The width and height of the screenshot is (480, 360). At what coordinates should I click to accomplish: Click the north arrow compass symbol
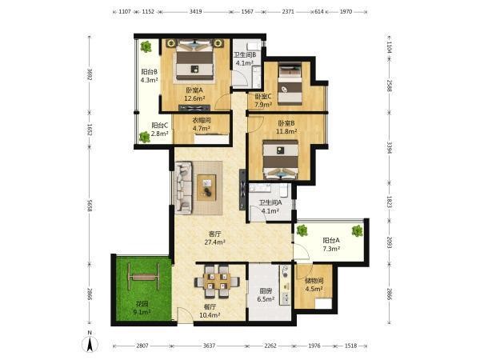[90, 342]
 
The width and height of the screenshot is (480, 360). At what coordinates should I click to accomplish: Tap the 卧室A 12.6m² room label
[194, 94]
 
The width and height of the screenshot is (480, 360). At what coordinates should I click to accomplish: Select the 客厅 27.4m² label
[215, 238]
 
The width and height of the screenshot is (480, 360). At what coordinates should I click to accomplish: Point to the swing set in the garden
[144, 277]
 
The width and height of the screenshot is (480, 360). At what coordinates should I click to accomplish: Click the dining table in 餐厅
[217, 282]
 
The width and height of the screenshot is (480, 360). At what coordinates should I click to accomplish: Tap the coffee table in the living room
[206, 188]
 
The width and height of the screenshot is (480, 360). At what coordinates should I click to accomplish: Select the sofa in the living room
[183, 187]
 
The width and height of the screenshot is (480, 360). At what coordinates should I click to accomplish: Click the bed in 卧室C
[290, 83]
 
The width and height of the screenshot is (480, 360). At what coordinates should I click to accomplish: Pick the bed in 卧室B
[281, 159]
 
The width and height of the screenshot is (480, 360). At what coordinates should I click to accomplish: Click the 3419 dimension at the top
[196, 12]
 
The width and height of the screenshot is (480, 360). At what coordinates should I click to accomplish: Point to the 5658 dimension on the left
[90, 205]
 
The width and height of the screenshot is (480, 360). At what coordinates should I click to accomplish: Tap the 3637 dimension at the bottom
[210, 346]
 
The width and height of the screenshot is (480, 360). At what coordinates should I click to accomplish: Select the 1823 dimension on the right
[389, 202]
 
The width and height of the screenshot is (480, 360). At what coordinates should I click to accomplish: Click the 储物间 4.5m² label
[314, 284]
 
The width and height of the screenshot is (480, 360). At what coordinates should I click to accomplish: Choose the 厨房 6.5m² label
[266, 295]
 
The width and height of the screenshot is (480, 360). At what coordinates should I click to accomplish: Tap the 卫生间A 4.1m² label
[270, 206]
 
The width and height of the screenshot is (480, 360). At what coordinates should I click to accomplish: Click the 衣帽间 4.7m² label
[202, 124]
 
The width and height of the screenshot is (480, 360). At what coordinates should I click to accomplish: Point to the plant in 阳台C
[145, 137]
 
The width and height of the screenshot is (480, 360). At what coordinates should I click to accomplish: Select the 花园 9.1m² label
[142, 308]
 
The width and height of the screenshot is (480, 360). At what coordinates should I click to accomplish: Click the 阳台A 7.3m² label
[331, 244]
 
